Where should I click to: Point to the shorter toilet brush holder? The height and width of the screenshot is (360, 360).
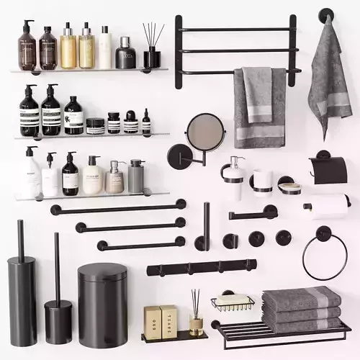(58, 317)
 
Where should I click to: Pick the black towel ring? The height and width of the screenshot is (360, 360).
(324, 256)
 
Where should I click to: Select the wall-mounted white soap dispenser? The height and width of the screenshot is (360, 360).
(233, 180)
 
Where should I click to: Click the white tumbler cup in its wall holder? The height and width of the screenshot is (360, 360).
(262, 182)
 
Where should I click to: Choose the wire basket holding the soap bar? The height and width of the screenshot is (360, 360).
(232, 302)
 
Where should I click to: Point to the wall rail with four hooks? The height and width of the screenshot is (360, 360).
(202, 268)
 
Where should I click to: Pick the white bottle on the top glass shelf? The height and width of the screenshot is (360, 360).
(105, 48)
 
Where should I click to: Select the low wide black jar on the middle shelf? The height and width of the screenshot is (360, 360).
(95, 126)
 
